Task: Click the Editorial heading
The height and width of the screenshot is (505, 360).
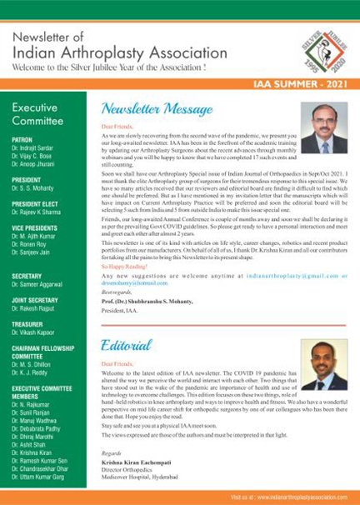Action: click(127, 345)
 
